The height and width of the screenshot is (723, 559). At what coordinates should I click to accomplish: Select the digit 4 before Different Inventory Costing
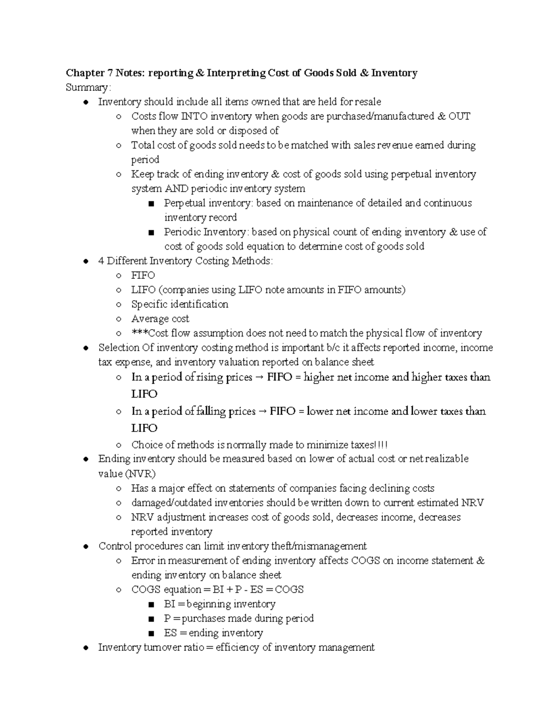[101, 261]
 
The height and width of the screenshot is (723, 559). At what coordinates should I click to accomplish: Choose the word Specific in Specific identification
[149, 304]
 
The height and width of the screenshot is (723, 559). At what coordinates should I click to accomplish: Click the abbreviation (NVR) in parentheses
[140, 474]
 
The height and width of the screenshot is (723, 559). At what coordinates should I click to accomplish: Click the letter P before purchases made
[167, 619]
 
